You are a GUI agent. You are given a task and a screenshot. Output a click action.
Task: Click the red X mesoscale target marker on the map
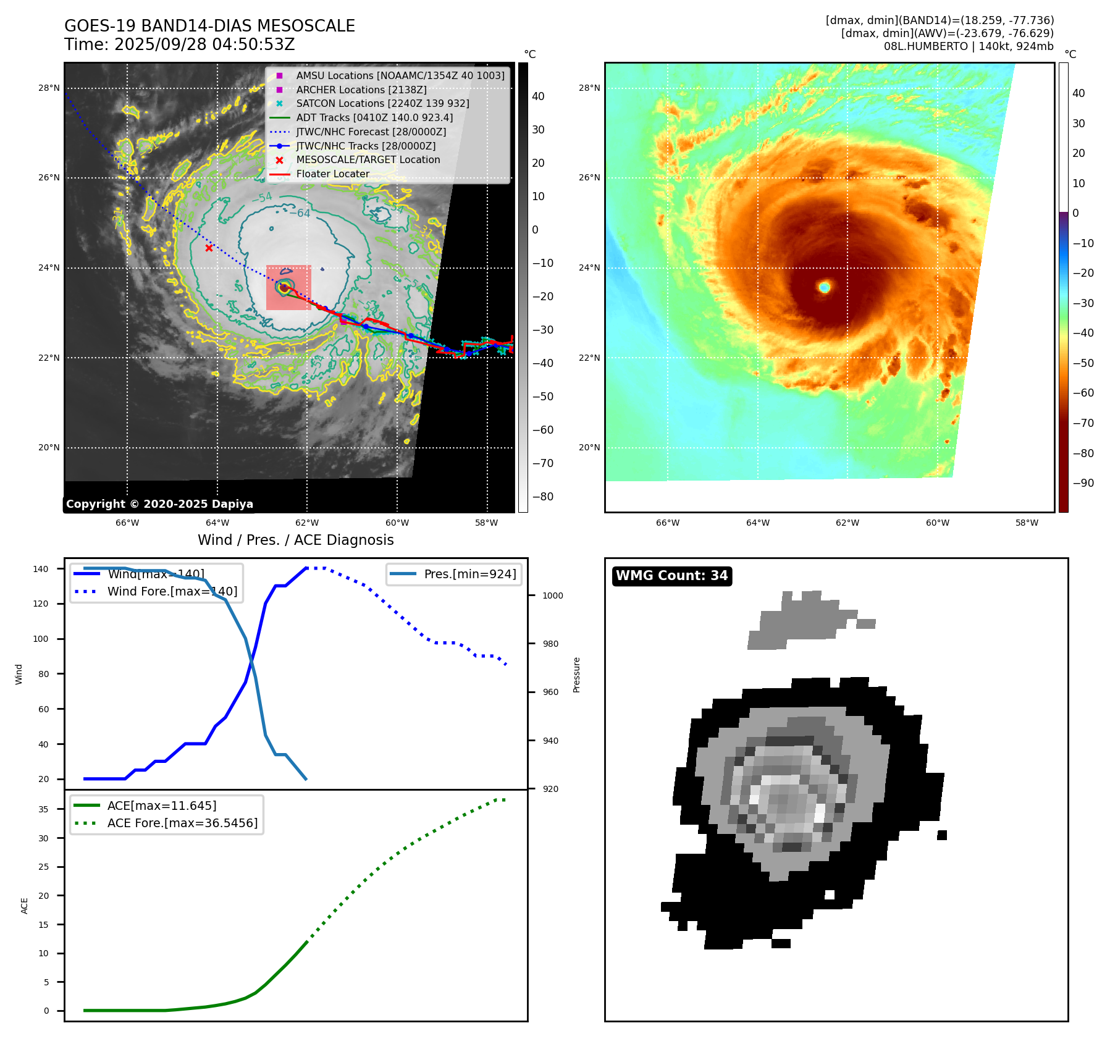coord(209,248)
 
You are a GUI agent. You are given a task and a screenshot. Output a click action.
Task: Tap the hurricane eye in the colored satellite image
coord(824,287)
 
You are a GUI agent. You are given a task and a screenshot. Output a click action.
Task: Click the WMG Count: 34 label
coord(671,576)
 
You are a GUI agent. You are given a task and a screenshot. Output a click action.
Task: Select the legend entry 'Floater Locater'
coord(332,174)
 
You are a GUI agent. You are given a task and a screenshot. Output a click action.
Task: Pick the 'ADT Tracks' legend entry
coord(374,117)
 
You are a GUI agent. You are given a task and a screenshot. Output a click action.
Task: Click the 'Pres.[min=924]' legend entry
coord(470,574)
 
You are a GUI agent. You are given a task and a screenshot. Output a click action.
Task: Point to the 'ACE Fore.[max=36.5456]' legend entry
coord(182,823)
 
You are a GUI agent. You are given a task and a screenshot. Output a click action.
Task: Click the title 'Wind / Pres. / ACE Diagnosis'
coord(295,540)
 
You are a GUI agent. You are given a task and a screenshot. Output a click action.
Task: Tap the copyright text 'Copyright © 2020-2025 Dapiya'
coord(159,504)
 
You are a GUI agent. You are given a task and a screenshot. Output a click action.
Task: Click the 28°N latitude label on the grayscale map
coord(49,88)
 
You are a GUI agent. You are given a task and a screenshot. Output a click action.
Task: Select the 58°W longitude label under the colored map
coord(1027,523)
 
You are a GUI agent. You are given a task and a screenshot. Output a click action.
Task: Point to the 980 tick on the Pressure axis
coord(550,644)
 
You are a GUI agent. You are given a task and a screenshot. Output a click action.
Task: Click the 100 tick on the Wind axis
coord(41,639)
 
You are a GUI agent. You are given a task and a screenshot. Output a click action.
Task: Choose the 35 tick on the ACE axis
coord(43,809)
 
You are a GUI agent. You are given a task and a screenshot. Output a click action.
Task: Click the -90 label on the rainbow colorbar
coord(1083,483)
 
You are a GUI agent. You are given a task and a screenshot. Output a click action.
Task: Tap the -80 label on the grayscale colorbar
coord(543,497)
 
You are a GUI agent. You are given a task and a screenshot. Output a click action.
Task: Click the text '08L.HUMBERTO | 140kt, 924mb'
coord(969,46)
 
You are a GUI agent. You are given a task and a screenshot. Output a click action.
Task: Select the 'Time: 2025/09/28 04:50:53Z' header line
coord(180,44)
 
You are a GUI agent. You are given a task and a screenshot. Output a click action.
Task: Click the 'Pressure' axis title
coord(576,675)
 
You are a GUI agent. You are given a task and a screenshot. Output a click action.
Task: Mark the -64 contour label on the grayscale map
coord(303,213)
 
